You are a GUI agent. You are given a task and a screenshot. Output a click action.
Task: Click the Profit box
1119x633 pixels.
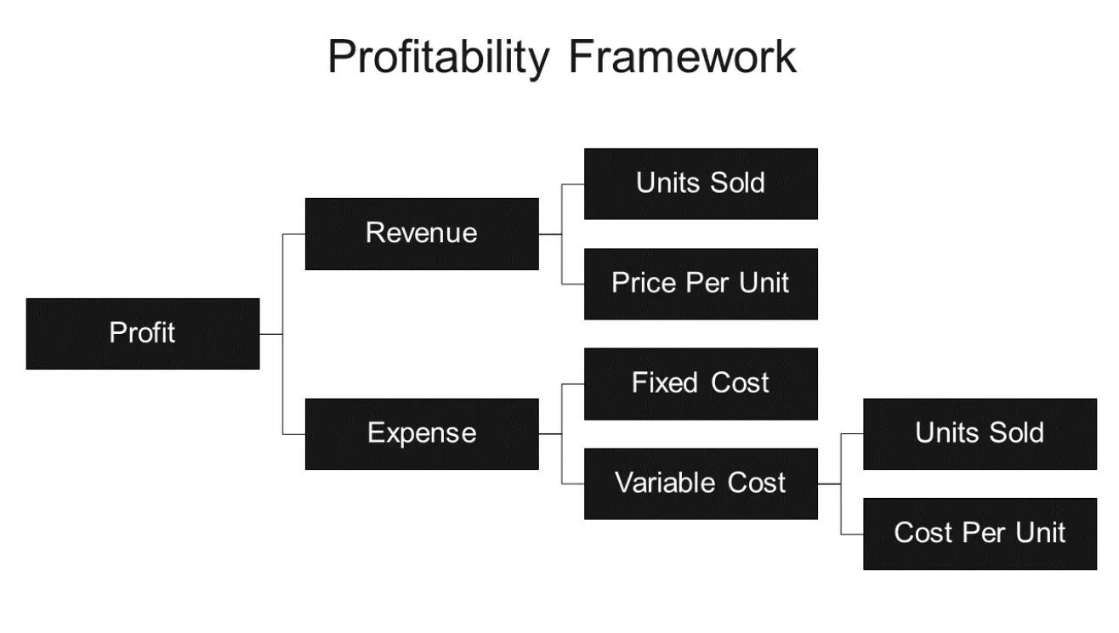(x=143, y=333)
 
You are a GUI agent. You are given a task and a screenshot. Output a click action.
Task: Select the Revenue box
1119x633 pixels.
(x=422, y=234)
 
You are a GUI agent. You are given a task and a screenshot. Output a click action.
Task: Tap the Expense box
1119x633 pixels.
(x=422, y=433)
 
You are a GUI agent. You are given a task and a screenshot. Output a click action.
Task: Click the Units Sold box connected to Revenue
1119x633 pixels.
(x=701, y=184)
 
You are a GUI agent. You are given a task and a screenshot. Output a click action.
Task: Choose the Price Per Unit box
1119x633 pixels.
(x=701, y=283)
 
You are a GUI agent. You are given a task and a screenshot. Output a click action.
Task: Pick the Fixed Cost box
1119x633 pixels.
(x=701, y=383)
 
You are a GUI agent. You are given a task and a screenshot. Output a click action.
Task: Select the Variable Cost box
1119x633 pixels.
(x=701, y=483)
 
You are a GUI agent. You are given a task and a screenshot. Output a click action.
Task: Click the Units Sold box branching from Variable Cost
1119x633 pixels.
(x=980, y=433)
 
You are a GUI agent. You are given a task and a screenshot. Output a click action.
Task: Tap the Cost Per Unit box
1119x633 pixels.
(x=980, y=534)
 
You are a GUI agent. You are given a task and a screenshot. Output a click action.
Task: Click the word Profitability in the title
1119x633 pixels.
(x=438, y=58)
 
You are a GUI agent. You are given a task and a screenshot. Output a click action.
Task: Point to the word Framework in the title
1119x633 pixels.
(x=682, y=58)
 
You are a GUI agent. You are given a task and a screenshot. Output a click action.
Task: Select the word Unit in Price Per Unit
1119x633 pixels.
(x=764, y=283)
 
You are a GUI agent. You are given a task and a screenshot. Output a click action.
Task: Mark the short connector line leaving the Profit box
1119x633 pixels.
(x=270, y=334)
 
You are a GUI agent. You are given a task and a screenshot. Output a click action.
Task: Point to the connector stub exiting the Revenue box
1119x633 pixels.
(x=550, y=234)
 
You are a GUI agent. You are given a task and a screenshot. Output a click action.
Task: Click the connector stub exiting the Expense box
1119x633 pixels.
(x=550, y=433)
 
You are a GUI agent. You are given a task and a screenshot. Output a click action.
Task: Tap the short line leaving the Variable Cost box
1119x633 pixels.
(x=829, y=483)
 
